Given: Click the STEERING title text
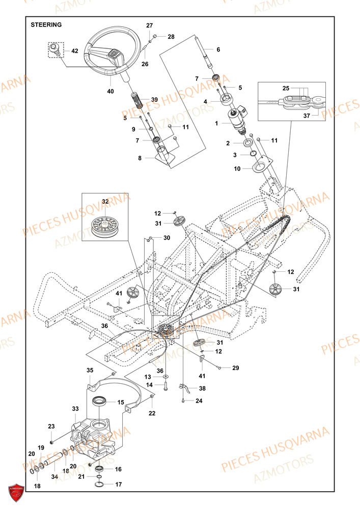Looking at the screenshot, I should click(x=46, y=24).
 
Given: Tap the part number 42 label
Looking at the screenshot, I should click(x=74, y=51).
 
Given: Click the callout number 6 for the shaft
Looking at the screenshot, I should click(x=218, y=50).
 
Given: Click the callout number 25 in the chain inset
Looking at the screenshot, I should click(x=299, y=87).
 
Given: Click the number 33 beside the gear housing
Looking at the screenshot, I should click(x=75, y=409).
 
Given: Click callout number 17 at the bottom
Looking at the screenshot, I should click(x=119, y=485).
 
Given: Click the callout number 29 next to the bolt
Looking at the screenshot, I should click(x=235, y=367).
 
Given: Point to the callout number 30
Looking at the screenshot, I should click(x=167, y=238).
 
